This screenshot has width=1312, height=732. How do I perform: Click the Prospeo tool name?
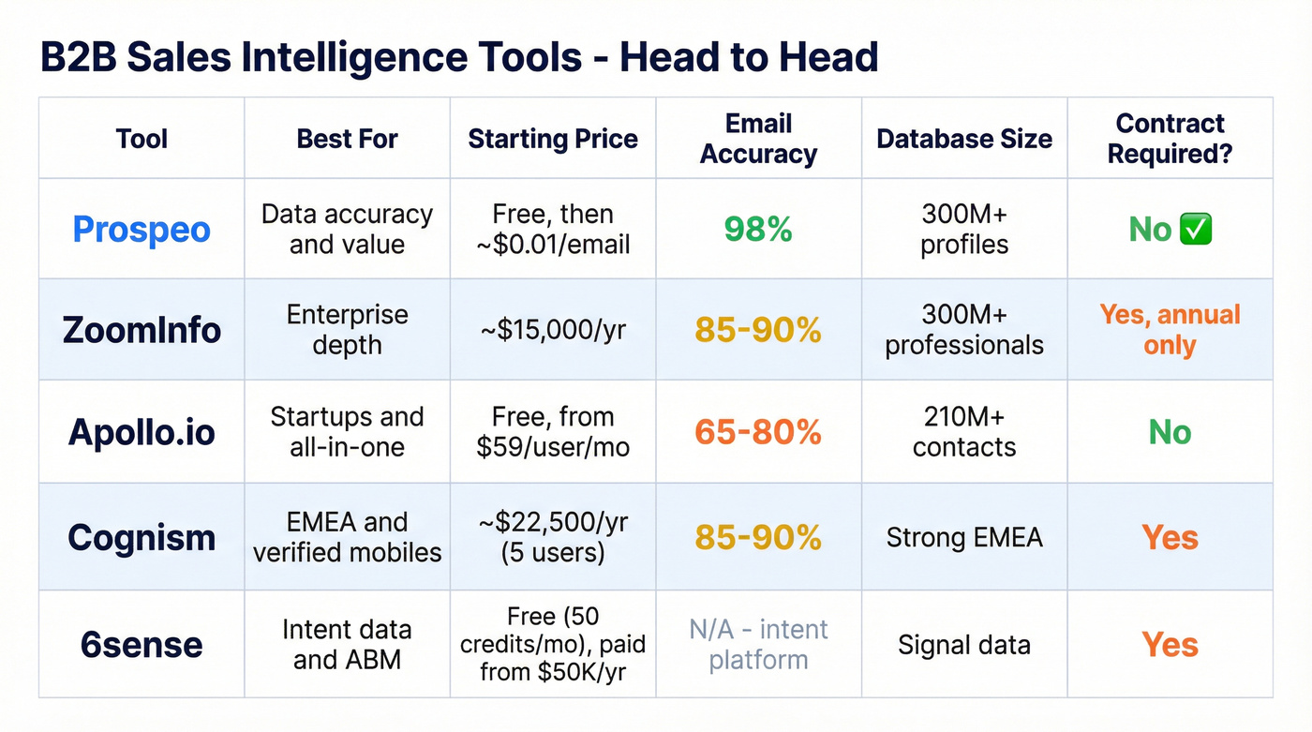(142, 230)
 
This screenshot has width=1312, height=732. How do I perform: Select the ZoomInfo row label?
(142, 330)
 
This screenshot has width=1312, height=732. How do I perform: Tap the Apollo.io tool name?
(142, 432)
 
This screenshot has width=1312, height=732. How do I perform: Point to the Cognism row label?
(142, 538)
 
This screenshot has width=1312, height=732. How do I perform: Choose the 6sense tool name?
(142, 645)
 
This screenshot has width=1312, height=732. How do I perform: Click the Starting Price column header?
(553, 139)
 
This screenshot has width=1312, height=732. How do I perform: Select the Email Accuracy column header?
(758, 139)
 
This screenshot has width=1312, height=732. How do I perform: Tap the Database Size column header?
(964, 139)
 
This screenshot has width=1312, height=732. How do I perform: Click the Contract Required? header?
(1170, 139)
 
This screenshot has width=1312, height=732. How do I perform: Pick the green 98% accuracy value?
(758, 230)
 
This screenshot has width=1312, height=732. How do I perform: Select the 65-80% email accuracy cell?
(758, 432)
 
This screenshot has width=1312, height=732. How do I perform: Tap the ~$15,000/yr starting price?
(553, 330)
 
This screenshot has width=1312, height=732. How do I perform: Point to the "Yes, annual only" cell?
(1170, 330)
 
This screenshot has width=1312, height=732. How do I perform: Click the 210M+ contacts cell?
(964, 432)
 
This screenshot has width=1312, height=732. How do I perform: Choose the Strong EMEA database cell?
(964, 538)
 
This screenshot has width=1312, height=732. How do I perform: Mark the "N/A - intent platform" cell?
(758, 645)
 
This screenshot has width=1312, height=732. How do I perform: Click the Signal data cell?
(964, 645)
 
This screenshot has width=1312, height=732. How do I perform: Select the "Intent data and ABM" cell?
(347, 645)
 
